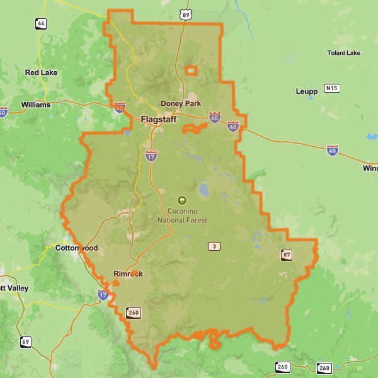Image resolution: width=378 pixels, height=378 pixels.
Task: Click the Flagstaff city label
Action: tap(159, 119)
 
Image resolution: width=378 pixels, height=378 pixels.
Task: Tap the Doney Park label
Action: tap(180, 103)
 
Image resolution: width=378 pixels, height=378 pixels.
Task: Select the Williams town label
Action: tap(35, 105)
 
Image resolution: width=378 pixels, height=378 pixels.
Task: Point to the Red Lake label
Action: tap(41, 72)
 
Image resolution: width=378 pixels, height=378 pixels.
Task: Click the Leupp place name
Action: tap(307, 91)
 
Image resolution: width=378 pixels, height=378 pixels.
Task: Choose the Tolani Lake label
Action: tap(344, 53)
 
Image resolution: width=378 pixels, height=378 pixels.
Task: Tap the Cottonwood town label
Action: tap(77, 248)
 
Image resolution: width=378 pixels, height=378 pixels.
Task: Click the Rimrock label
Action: tap(128, 274)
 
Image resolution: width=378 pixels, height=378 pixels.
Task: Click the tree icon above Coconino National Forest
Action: tap(183, 200)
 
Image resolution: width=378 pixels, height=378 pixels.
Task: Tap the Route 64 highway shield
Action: tap(41, 23)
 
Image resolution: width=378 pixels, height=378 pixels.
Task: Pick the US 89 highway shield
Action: tap(184, 13)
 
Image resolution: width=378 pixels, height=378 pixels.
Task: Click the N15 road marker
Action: tap(332, 88)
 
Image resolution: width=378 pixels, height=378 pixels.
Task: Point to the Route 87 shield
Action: tap(287, 255)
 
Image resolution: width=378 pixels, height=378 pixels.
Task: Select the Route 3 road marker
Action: tap(215, 246)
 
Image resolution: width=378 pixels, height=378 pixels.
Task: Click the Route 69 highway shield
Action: tap(25, 342)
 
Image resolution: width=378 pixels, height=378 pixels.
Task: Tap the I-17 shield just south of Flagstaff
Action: tap(151, 155)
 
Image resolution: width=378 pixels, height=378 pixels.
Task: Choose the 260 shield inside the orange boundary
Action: tap(133, 312)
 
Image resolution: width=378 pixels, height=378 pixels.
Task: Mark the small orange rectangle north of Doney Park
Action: tap(191, 71)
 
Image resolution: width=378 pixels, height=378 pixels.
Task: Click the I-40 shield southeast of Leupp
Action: tap(332, 150)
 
